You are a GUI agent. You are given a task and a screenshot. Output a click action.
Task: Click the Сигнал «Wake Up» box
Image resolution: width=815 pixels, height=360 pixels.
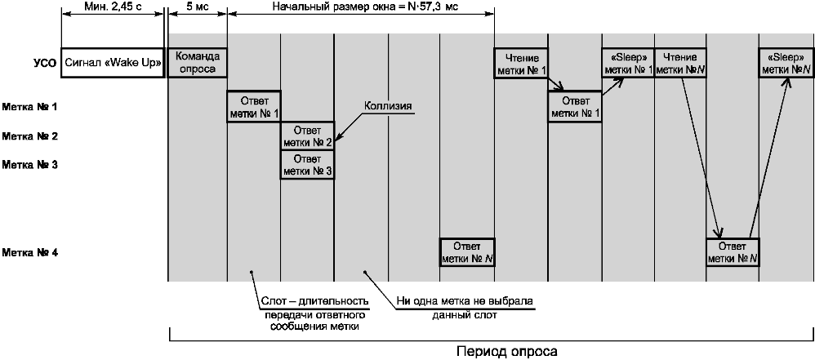pos(113,63)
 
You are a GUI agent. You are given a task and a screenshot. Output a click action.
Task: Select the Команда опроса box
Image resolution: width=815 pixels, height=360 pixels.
pos(198,63)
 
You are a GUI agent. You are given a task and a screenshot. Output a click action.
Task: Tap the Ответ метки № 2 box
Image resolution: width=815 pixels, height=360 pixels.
pos(307,136)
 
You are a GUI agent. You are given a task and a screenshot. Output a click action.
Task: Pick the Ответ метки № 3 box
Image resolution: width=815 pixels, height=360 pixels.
pos(307,165)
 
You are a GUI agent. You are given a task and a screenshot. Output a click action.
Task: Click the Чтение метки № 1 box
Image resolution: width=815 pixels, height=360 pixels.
pos(521,63)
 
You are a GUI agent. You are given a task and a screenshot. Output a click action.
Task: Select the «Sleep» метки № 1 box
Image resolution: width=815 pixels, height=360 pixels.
pos(627,63)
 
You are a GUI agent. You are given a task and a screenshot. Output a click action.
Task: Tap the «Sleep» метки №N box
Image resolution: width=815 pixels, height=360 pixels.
pos(785,63)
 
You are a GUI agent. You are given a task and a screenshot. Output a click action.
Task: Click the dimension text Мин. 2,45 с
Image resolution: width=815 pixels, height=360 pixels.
pos(113,7)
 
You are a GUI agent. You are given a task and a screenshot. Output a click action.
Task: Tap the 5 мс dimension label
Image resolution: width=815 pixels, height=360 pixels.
pos(197,7)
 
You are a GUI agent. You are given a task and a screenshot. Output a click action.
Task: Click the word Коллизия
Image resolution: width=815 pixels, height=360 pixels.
pos(388,106)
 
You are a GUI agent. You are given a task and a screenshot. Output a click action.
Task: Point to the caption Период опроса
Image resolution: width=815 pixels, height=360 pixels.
pos(507,351)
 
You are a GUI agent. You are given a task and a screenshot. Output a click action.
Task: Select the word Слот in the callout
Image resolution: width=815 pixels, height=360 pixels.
pos(270,301)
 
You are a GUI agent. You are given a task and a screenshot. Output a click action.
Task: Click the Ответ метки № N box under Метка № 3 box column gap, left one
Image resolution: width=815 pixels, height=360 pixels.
pos(467,252)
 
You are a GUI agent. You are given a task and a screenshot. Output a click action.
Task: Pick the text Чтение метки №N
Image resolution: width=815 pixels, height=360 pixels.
pos(679,63)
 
